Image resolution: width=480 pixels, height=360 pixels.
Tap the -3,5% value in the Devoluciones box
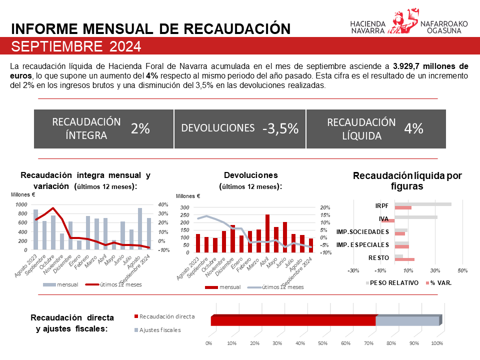pos(280,128)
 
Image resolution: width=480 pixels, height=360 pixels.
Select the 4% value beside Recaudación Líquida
pos(413,128)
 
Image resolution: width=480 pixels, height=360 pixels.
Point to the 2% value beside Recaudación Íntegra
pos(140,128)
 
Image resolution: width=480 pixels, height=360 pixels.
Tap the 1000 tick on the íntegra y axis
pos(21,204)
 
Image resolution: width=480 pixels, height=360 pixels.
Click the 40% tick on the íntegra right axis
pos(163,204)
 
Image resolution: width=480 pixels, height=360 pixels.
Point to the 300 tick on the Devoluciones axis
pos(184,207)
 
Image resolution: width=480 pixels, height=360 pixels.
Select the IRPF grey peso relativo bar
pos(422,204)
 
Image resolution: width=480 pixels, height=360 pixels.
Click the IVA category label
pos(384,218)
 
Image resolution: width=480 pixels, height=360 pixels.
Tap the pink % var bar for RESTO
pos(404,259)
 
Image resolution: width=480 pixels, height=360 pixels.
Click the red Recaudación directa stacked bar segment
pos(293,321)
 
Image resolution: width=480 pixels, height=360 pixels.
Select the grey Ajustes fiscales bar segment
pos(407,321)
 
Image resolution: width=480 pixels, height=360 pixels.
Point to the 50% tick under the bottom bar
pos(322,343)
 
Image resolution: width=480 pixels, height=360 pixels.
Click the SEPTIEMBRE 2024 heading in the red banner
pos(76,46)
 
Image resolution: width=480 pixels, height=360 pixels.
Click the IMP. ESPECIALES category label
pos(362,244)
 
